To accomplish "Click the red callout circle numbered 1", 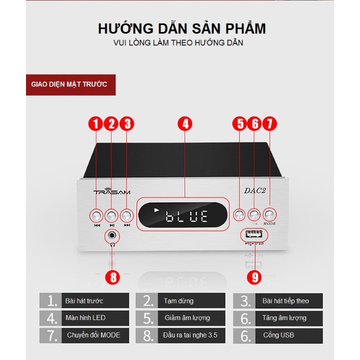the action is [x=95, y=124].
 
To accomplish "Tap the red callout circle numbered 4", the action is [x=185, y=124].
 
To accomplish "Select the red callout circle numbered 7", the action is [x=270, y=124].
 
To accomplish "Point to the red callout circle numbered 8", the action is [x=113, y=277].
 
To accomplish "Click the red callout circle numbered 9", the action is [x=254, y=277].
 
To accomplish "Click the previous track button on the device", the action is [x=96, y=215].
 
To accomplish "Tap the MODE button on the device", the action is [x=270, y=214].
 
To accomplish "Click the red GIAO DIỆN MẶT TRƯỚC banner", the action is [x=69, y=84].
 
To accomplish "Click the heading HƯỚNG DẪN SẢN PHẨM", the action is [x=182, y=28].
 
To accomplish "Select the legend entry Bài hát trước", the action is [x=84, y=301].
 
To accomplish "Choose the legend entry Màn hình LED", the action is [x=84, y=318].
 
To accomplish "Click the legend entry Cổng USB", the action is [x=278, y=335].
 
